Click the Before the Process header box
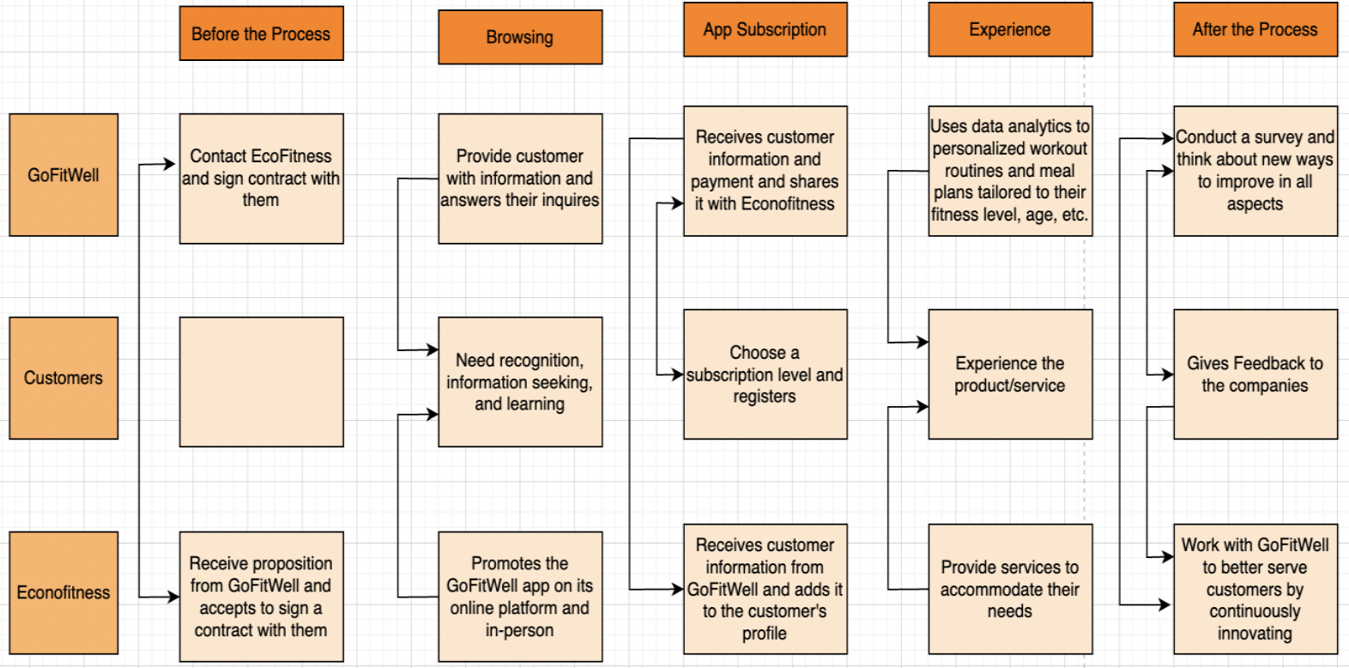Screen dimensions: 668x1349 point(261,33)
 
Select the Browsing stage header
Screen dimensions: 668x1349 point(520,37)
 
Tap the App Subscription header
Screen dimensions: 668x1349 point(765,30)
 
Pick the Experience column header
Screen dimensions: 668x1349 point(1010,30)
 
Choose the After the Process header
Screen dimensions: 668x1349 point(1255,30)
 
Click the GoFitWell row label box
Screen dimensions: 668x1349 point(64,175)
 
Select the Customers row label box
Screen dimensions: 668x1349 point(64,378)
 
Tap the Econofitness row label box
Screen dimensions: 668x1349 point(64,592)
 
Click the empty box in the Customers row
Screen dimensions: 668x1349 point(261,381)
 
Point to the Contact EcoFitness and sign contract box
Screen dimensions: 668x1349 point(261,179)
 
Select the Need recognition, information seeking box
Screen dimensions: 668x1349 point(520,381)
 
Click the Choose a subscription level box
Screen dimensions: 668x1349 point(765,374)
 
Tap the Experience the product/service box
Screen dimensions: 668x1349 point(1010,374)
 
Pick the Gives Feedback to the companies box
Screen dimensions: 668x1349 point(1255,374)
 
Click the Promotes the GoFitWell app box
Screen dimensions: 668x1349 point(520,596)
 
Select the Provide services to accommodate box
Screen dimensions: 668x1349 point(1010,589)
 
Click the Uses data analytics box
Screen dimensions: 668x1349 point(1010,171)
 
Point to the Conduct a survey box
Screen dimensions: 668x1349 point(1255,171)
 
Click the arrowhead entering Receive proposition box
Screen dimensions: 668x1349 point(173,597)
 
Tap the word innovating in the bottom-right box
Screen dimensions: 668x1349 point(1255,634)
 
